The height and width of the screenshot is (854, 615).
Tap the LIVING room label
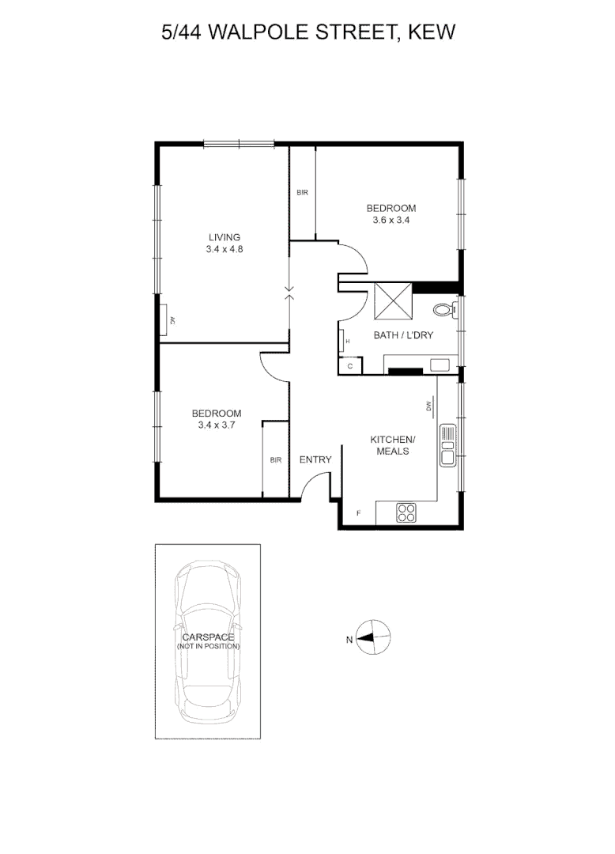coord(224,237)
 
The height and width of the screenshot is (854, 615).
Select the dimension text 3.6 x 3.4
coord(391,221)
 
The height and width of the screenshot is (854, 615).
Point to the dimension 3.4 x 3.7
coord(216,425)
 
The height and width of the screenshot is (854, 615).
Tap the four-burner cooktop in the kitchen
coord(406,512)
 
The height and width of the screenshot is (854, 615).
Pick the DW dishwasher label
coord(429,406)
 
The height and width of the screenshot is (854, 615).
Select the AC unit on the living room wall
coord(169,320)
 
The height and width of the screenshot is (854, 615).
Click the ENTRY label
coord(315,460)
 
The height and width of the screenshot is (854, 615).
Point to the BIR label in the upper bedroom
coord(302,193)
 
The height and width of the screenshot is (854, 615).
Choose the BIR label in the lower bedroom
coord(275,460)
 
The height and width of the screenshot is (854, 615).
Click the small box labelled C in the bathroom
coord(349,366)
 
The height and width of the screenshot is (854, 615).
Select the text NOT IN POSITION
coord(209,647)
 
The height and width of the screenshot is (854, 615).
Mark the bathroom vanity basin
coord(438,365)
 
